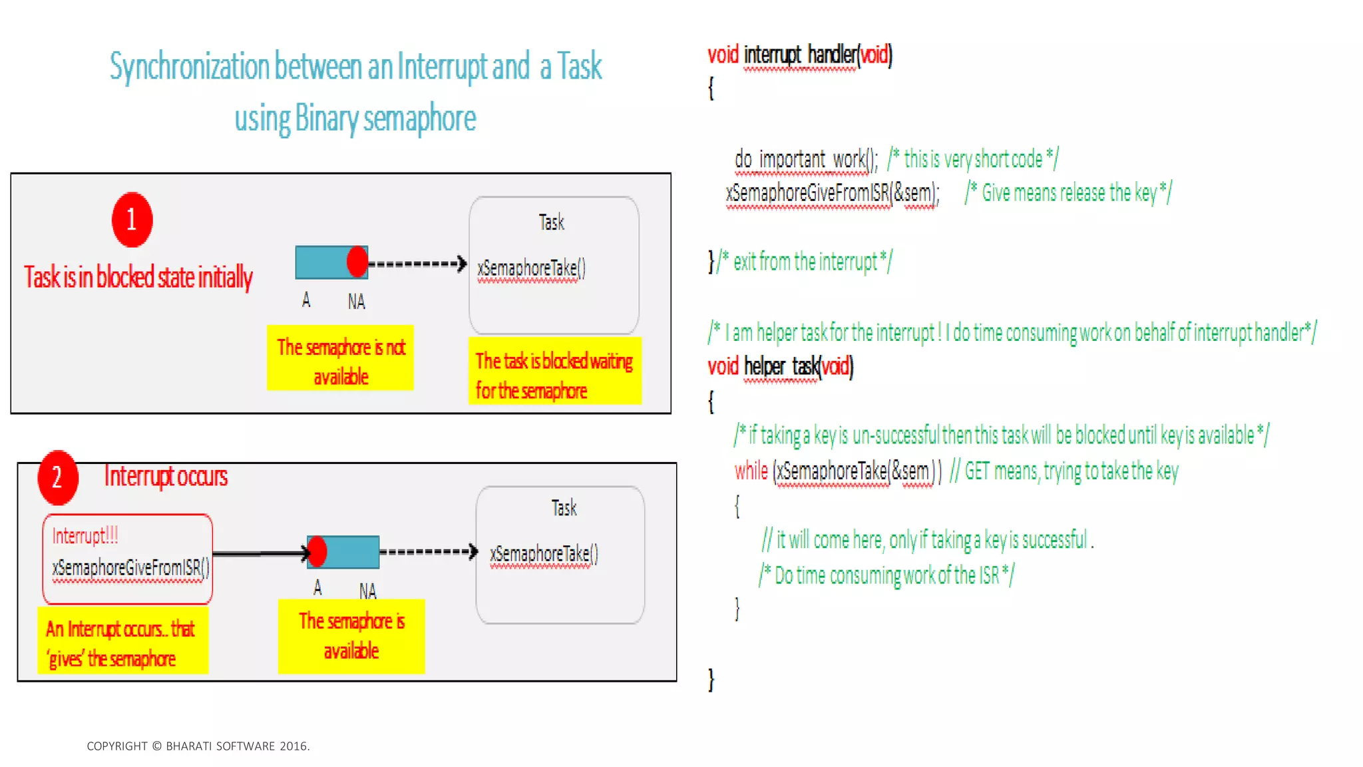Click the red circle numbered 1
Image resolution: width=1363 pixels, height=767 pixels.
click(132, 220)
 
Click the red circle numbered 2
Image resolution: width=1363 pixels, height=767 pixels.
click(58, 477)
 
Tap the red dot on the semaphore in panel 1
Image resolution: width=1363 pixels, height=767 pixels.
click(357, 262)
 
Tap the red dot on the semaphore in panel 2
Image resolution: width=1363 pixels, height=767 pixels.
click(317, 551)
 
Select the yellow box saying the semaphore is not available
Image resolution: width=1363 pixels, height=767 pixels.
click(340, 358)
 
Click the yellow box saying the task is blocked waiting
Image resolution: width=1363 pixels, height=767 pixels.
click(554, 371)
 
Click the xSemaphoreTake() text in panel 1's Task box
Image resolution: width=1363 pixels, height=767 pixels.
click(531, 268)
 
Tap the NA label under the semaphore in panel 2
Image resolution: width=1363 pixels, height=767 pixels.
click(367, 591)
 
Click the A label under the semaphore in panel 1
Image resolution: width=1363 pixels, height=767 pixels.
click(306, 300)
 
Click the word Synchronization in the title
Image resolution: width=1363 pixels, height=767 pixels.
click(189, 67)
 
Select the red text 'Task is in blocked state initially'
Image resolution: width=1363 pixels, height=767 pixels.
click(138, 277)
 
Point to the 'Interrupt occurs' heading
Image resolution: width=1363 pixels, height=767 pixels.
click(166, 476)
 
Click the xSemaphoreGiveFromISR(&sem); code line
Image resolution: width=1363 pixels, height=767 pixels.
click(832, 193)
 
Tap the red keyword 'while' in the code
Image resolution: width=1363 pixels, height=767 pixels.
click(751, 471)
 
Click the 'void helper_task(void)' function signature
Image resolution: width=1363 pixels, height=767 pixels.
click(780, 366)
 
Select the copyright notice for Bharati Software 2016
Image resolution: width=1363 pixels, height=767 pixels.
click(198, 746)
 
